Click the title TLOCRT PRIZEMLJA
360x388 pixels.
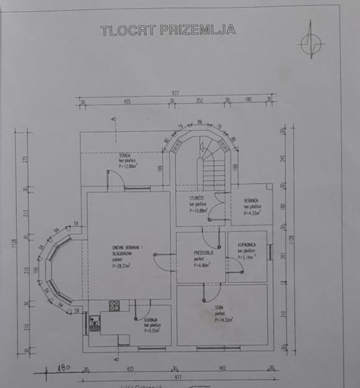pyautogui.click(x=168, y=30)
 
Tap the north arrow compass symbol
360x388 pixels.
pyautogui.click(x=311, y=41)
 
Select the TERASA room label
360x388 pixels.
pyautogui.click(x=125, y=155)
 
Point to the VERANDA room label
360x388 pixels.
pyautogui.click(x=251, y=200)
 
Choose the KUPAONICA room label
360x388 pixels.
pyautogui.click(x=248, y=245)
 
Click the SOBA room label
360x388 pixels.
pyautogui.click(x=220, y=308)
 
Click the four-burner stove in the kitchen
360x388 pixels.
pyautogui.click(x=115, y=306)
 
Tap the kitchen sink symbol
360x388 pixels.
pyautogui.click(x=94, y=324)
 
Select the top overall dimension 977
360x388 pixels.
pyautogui.click(x=175, y=93)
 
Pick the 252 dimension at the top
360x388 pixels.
pyautogui.click(x=199, y=101)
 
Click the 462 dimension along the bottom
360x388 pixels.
pyautogui.click(x=221, y=369)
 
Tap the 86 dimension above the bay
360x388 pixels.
pyautogui.click(x=199, y=122)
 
